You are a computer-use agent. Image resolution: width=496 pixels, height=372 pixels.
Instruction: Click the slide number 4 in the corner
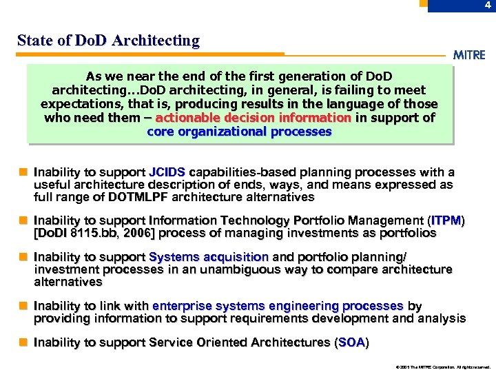(487, 6)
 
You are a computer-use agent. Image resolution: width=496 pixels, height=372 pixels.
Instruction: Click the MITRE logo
(468, 55)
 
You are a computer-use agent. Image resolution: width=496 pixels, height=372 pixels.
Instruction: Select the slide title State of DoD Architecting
(108, 41)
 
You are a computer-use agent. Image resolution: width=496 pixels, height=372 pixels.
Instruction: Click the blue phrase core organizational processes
(239, 132)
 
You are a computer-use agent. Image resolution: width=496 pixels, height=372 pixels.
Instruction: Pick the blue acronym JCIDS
(167, 172)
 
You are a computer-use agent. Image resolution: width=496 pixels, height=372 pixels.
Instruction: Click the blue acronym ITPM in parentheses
(446, 220)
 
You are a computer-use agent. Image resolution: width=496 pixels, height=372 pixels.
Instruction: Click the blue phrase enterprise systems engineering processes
(278, 306)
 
